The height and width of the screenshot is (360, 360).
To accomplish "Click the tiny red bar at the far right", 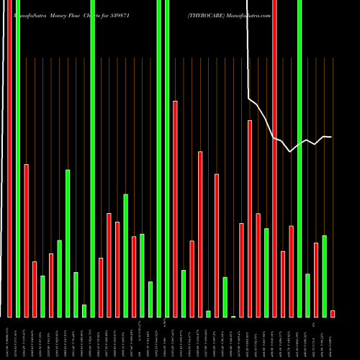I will pyautogui.click(x=333, y=313).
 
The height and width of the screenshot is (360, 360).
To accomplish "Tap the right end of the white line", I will pyautogui.click(x=331, y=137).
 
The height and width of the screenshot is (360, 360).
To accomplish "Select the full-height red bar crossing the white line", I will pyautogui.click(x=274, y=158).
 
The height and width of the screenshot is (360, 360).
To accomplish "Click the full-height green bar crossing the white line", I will pyautogui.click(x=300, y=158).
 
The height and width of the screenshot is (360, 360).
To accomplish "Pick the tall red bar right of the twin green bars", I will pyautogui.click(x=175, y=209).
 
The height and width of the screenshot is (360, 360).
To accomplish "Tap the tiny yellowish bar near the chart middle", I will pyautogui.click(x=233, y=316).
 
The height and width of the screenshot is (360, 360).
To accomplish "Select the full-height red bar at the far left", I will pyautogui.click(x=9, y=158).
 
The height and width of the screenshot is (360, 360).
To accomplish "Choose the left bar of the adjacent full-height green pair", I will pyautogui.click(x=158, y=158).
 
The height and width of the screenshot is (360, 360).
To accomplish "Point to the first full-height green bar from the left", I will pyautogui.click(x=18, y=158).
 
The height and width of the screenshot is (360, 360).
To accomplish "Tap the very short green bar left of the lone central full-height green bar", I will pyautogui.click(x=84, y=310).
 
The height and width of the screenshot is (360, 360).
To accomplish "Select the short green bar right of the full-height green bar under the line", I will pyautogui.click(x=307, y=295).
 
